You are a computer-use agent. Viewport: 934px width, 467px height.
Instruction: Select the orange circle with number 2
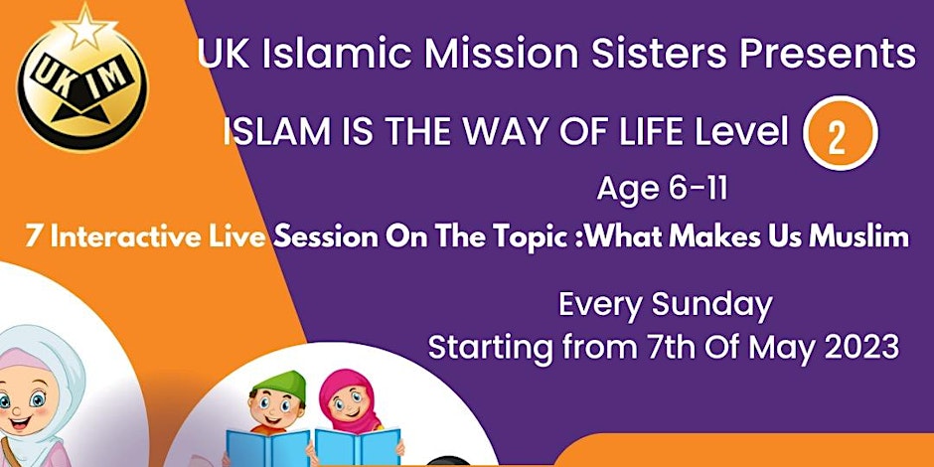click(x=840, y=133)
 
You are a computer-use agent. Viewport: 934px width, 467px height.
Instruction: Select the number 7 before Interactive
click(x=34, y=237)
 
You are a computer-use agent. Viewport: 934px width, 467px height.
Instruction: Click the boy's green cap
click(x=279, y=385)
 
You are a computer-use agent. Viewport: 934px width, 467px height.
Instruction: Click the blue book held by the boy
click(x=268, y=447)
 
